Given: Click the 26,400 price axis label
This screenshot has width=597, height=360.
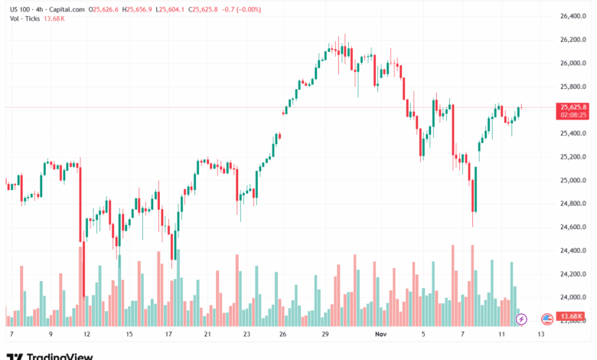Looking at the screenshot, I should point(574,16).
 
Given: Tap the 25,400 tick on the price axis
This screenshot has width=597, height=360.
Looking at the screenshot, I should point(574,133).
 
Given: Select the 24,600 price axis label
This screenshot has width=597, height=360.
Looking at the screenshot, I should point(574,227).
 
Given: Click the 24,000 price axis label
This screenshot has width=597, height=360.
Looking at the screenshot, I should point(574,297).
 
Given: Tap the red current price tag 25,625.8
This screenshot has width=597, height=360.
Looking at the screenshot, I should point(573,107).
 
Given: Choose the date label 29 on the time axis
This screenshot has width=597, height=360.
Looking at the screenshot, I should point(325,335).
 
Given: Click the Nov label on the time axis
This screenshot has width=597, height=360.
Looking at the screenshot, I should point(380,335).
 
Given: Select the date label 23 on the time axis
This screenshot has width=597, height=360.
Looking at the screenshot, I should point(247,335).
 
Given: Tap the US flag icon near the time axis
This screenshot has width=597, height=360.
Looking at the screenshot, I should point(546,318).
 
